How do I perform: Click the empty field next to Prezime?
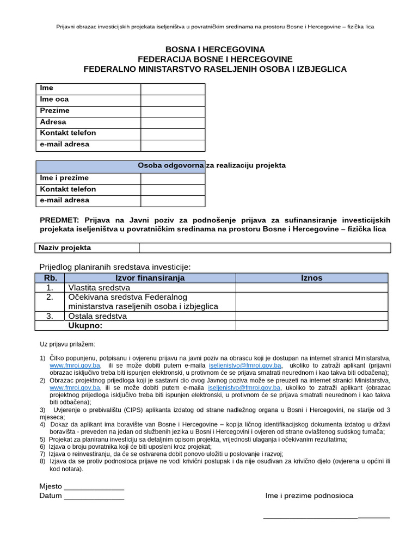pyautogui.click(x=173, y=111)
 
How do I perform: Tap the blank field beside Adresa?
pyautogui.click(x=173, y=122)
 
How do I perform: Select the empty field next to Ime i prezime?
pyautogui.click(x=173, y=178)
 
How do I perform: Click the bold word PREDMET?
pyautogui.click(x=59, y=220)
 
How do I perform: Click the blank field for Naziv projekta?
pyautogui.click(x=265, y=248)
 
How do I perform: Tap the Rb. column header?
pyautogui.click(x=50, y=278)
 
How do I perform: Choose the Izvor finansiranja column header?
pyautogui.click(x=150, y=278)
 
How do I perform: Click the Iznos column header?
pyautogui.click(x=312, y=278)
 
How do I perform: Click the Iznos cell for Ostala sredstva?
pyautogui.click(x=312, y=316)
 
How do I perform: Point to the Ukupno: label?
pyautogui.click(x=85, y=326)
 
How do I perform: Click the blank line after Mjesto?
pyautogui.click(x=94, y=487)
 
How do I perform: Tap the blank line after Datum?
pyautogui.click(x=94, y=496)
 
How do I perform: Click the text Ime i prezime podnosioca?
pyautogui.click(x=309, y=496)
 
